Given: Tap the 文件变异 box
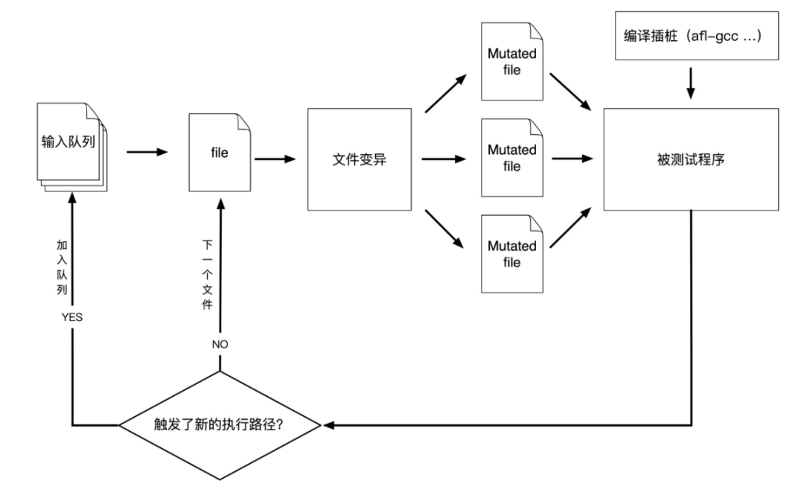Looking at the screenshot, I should pos(359,159).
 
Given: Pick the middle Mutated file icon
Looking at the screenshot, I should pos(511,158).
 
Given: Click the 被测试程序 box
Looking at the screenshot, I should pos(690,159).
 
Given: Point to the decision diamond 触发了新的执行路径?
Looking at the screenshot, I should pos(220,426).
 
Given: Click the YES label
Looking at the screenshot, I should pos(71,316).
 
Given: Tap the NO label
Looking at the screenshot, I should pos(220,345).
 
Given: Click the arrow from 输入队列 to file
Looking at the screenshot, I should pos(147,152).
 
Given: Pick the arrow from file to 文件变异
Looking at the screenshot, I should pos(275,159).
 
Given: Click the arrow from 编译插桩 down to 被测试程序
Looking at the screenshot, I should pos(690,83).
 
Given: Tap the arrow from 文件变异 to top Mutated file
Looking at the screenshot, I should pos(447,95).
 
